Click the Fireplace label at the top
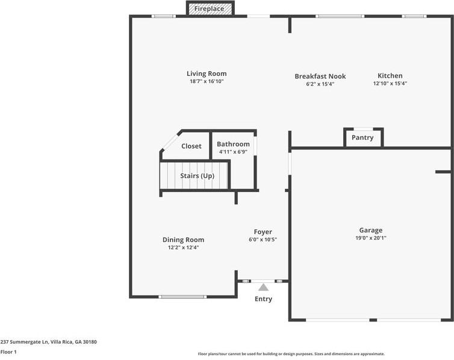click(x=209, y=8)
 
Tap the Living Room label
click(x=207, y=73)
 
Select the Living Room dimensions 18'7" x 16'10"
click(x=207, y=81)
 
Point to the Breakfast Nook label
click(x=320, y=76)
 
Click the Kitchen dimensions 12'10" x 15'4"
click(x=390, y=83)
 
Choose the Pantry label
click(x=362, y=137)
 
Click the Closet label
click(x=191, y=146)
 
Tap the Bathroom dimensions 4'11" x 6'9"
click(x=233, y=152)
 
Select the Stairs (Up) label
click(x=197, y=176)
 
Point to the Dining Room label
click(x=183, y=240)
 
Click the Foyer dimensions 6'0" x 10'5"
click(x=263, y=240)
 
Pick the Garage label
click(x=371, y=231)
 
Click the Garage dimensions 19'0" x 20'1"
click(x=371, y=238)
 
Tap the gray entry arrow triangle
click(x=263, y=287)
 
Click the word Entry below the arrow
click(x=263, y=299)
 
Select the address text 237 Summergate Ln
click(x=24, y=342)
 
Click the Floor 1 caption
click(x=8, y=352)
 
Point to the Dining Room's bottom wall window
click(x=182, y=297)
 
